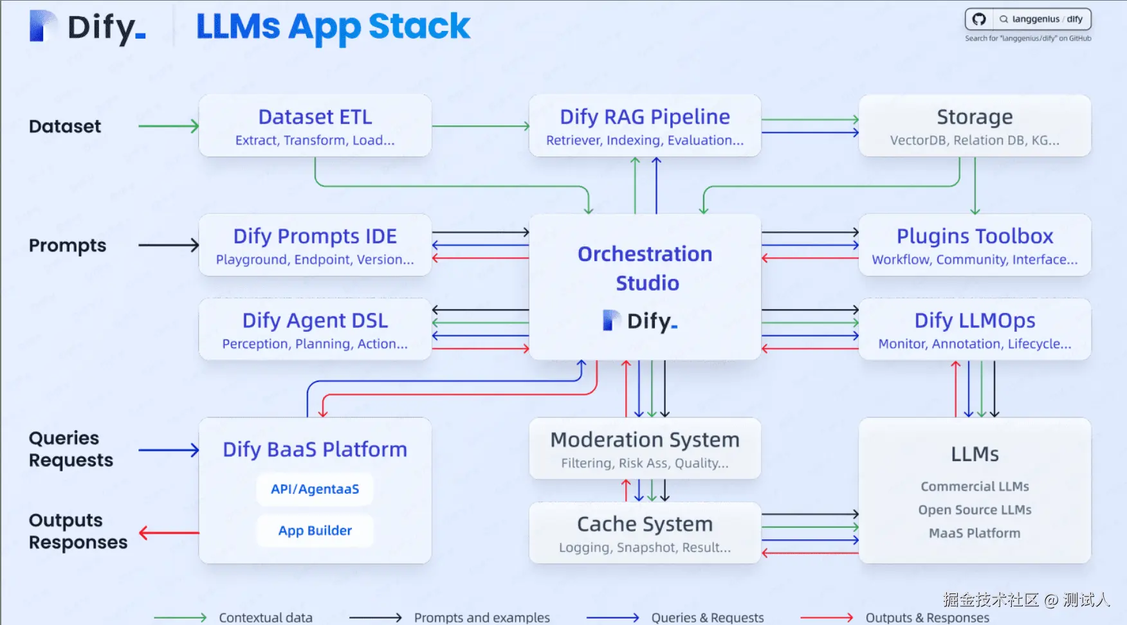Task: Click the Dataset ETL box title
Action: [315, 117]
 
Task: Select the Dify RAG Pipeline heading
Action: [645, 117]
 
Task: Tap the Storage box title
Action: [975, 117]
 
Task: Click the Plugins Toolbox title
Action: [975, 236]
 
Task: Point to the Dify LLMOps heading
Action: [975, 320]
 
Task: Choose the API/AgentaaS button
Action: [315, 489]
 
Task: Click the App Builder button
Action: [315, 530]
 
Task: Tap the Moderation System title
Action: [645, 440]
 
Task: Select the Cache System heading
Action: [645, 524]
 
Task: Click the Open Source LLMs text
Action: [975, 510]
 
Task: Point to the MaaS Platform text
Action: [975, 533]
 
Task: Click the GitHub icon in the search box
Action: [979, 19]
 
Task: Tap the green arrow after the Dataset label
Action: [169, 126]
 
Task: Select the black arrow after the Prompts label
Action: [169, 245]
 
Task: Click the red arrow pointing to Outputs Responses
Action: [169, 533]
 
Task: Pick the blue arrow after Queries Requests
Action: [169, 450]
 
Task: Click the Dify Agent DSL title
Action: [315, 320]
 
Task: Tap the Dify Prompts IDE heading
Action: [315, 236]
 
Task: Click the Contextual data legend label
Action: [266, 617]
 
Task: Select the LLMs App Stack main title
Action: [333, 27]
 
